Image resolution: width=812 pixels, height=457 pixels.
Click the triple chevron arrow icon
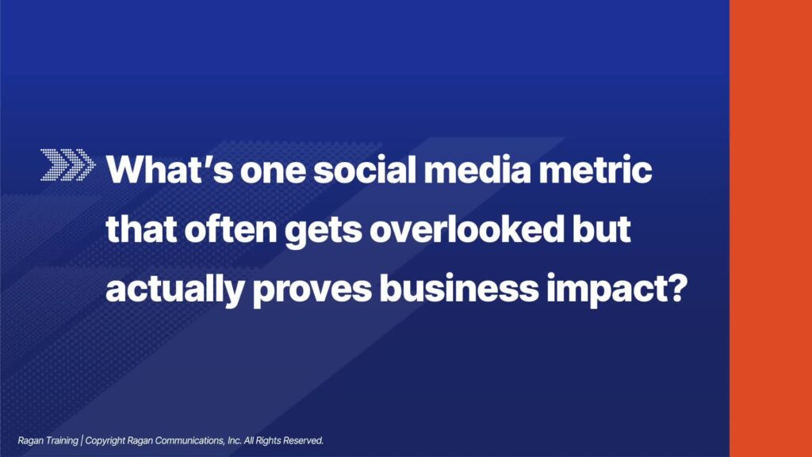(x=68, y=165)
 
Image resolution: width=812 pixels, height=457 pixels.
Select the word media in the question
(x=477, y=170)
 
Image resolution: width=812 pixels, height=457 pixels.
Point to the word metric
(x=596, y=170)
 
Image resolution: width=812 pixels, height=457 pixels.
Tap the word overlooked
(x=466, y=228)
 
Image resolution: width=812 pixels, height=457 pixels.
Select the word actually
(x=175, y=290)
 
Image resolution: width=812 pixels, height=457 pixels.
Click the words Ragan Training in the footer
(x=48, y=441)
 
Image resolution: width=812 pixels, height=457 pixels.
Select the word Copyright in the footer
(x=105, y=441)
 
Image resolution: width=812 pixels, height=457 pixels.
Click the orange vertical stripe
(x=771, y=228)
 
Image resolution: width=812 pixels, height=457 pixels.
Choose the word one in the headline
(x=273, y=170)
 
